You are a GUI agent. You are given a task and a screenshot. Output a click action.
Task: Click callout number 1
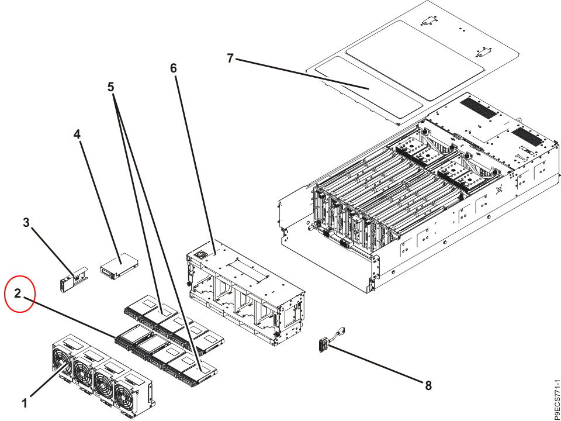[x=25, y=403]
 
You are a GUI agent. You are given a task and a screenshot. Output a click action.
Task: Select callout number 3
[x=26, y=222]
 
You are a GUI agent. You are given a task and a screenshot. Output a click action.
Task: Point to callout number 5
[x=111, y=87]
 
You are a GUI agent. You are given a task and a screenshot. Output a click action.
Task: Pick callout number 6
[x=173, y=68]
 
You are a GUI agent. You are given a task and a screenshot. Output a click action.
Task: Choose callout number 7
[x=230, y=58]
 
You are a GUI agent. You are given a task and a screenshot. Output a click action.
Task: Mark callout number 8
[x=428, y=385]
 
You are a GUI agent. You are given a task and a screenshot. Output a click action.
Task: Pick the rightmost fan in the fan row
[x=134, y=392]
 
